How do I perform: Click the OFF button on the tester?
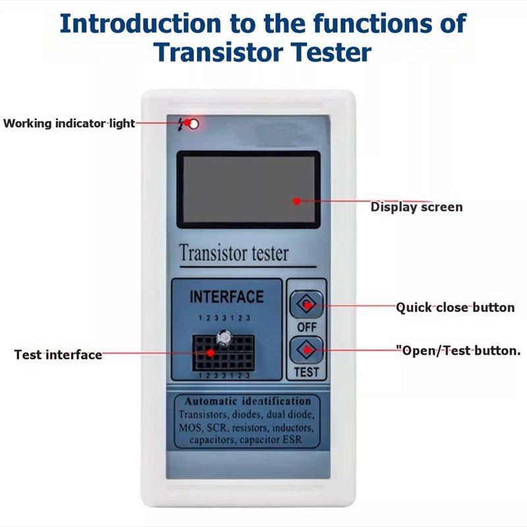pyautogui.click(x=306, y=304)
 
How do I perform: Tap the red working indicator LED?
pyautogui.click(x=194, y=124)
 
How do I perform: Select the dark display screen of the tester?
pyautogui.click(x=248, y=190)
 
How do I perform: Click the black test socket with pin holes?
pyautogui.click(x=223, y=352)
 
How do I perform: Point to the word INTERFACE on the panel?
pyautogui.click(x=227, y=297)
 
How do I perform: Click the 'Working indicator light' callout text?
pyautogui.click(x=69, y=123)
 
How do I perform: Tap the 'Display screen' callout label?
pyautogui.click(x=416, y=207)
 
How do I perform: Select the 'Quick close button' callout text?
pyautogui.click(x=455, y=307)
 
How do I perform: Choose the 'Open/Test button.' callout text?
pyautogui.click(x=458, y=350)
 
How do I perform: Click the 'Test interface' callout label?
pyautogui.click(x=58, y=354)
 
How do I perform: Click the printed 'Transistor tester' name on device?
pyautogui.click(x=234, y=253)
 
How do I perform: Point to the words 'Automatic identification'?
pyautogui.click(x=248, y=401)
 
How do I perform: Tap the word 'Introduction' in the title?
pyautogui.click(x=140, y=24)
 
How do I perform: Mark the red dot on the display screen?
pyautogui.click(x=296, y=202)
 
